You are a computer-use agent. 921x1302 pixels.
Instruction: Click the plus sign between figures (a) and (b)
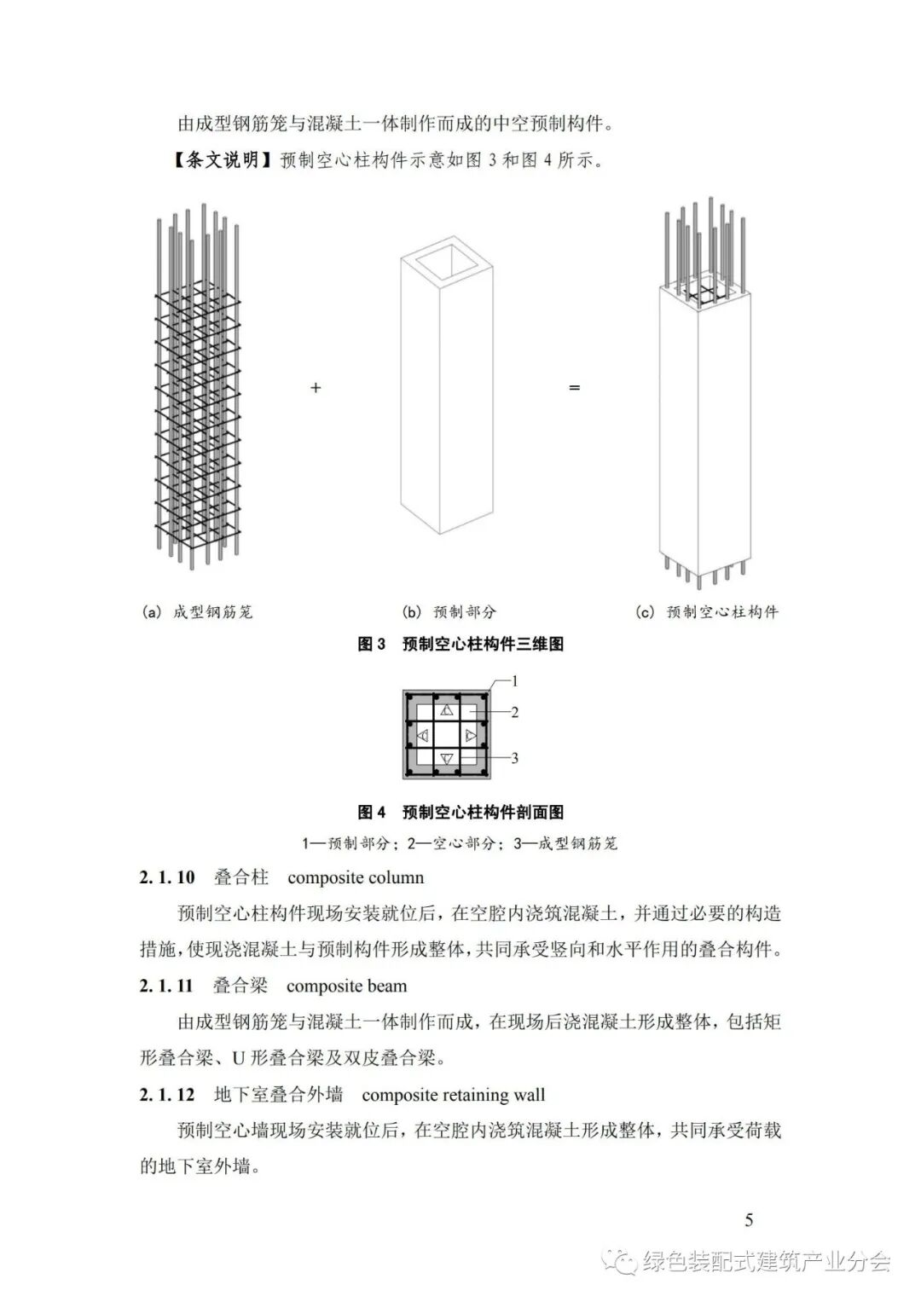316,388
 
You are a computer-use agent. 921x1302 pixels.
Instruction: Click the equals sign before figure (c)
574,388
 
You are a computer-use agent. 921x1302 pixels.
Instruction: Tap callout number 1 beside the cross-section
514,681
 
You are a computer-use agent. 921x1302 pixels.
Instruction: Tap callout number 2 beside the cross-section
515,712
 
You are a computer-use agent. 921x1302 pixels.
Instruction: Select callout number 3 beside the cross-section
515,757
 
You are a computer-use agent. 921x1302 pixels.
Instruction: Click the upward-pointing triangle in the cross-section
447,710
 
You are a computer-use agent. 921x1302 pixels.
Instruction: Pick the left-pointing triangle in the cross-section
422,735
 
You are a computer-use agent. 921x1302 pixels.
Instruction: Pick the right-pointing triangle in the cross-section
471,735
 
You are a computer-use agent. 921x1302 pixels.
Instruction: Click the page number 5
749,1220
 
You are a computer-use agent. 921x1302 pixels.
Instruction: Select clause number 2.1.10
167,877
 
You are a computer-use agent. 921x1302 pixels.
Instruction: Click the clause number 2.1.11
166,987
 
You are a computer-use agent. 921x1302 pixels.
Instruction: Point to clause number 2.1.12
167,1095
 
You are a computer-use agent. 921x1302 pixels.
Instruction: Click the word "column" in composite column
393,877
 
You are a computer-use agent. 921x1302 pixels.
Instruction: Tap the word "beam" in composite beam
386,987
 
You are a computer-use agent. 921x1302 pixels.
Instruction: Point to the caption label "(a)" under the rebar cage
151,612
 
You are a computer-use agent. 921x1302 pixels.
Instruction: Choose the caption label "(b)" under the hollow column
412,612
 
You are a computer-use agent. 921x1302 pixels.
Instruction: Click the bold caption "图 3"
372,645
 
